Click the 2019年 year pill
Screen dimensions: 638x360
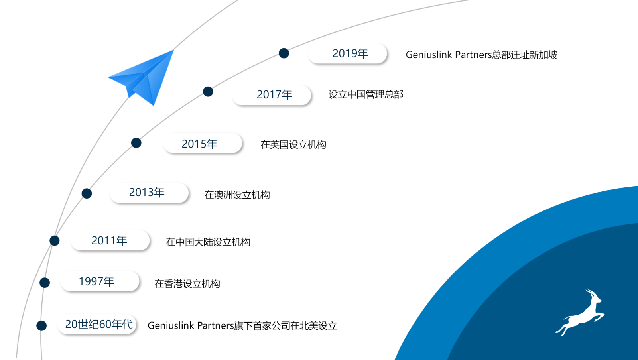347,53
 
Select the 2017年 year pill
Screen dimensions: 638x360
272,95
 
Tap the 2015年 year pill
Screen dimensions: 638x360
203,143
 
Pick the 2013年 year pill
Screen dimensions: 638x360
149,193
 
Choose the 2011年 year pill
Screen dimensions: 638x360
110,241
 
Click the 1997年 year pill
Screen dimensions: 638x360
100,281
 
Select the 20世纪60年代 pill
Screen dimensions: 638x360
97,324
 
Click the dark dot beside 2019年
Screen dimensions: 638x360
284,53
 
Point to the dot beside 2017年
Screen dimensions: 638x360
208,92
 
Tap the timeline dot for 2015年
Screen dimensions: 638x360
136,143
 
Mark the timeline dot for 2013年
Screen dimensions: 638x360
87,193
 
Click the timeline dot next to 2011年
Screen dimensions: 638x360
54,241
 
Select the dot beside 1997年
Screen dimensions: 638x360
44,283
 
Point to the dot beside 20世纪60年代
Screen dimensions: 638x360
41,326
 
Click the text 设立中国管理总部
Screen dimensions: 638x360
366,94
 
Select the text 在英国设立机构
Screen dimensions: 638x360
293,145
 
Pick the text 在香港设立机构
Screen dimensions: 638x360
187,284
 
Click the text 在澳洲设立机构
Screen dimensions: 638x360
237,195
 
